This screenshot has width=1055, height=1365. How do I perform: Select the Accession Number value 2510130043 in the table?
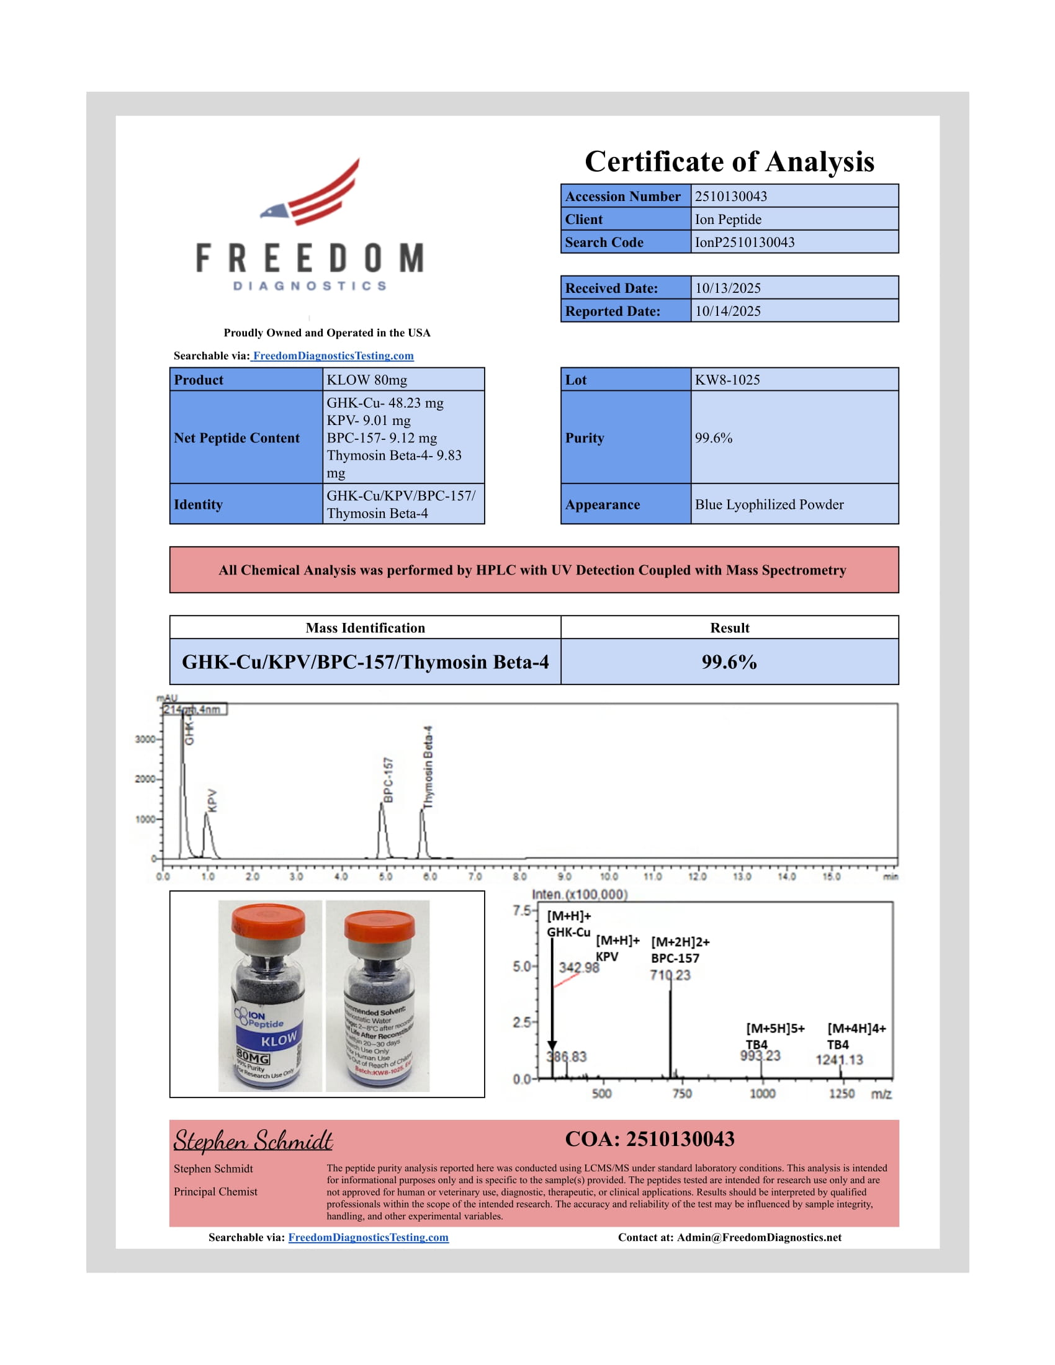point(730,196)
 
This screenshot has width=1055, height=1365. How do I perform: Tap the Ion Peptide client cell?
point(728,220)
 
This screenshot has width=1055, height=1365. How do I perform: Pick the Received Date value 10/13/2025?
point(727,288)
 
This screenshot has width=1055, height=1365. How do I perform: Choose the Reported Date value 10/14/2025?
point(727,311)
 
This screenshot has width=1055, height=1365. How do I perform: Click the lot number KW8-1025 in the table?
point(727,380)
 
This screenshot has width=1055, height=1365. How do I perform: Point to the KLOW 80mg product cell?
point(366,380)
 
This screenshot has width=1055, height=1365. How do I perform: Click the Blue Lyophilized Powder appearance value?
point(769,504)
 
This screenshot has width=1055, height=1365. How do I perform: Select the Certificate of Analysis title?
point(729,161)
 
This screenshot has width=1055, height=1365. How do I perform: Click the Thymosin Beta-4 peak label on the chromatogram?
point(428,768)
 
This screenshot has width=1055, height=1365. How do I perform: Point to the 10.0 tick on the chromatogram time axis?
point(609,876)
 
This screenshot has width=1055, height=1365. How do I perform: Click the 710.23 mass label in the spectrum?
point(670,975)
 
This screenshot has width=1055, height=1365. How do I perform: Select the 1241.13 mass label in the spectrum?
point(839,1060)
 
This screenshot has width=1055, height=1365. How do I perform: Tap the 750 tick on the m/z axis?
point(682,1094)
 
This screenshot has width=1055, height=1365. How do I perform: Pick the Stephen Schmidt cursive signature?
point(253,1141)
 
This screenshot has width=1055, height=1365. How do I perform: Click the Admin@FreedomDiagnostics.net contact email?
point(759,1238)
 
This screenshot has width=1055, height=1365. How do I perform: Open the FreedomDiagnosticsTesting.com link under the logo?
point(333,356)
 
